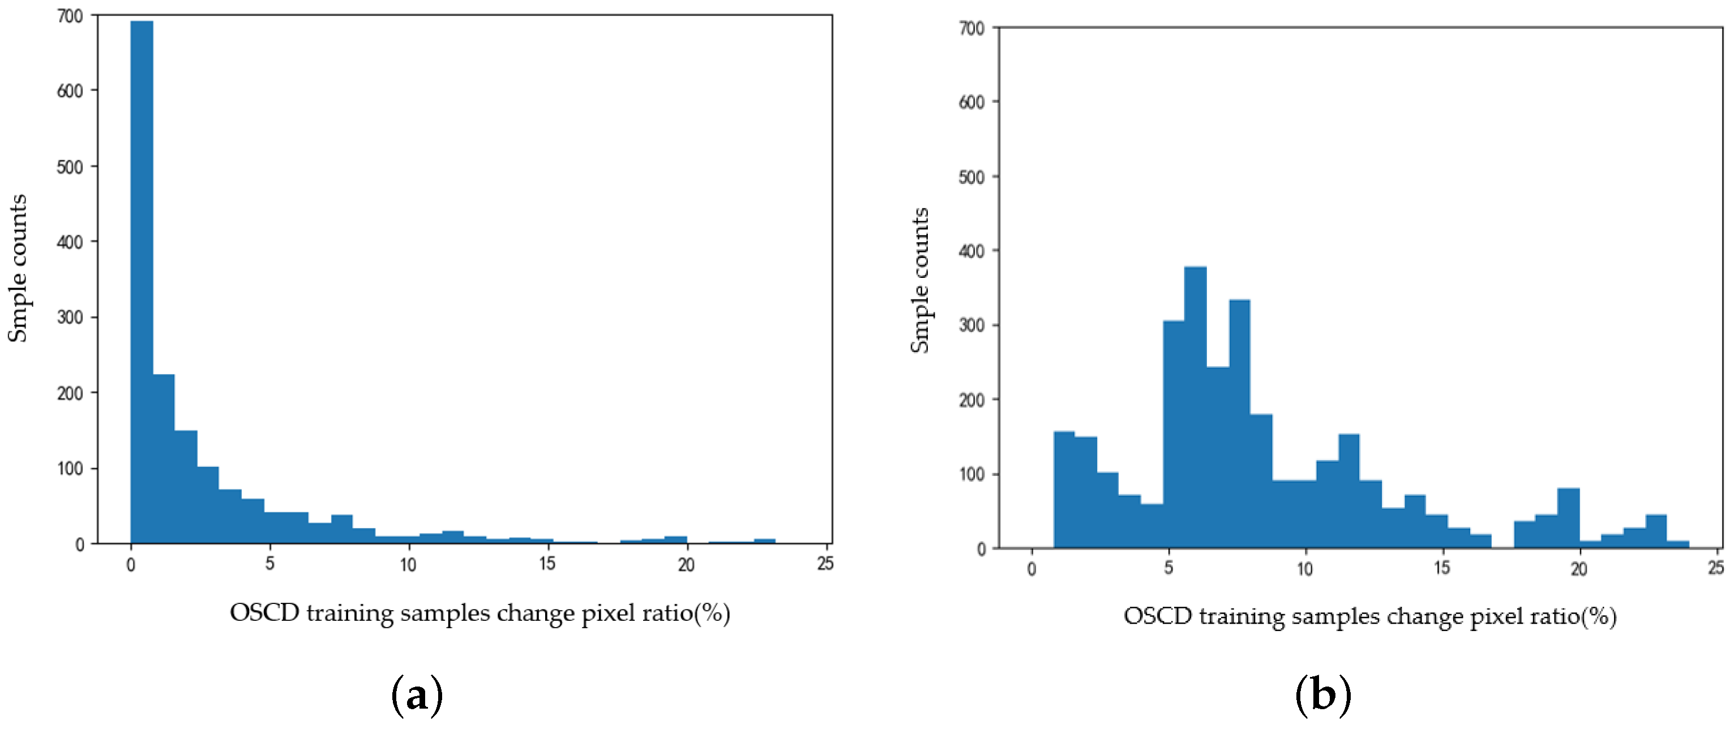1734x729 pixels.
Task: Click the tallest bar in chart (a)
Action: point(142,283)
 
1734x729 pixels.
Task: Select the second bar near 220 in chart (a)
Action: point(164,458)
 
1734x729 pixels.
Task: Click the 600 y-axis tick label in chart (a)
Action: point(70,91)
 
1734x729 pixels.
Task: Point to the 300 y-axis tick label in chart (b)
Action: point(971,325)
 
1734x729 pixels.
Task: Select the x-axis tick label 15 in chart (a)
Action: point(547,564)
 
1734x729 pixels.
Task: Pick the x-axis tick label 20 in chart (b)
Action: point(1578,569)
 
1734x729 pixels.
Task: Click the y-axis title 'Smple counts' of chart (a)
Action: point(18,268)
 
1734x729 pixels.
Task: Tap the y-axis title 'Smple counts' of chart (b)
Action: point(919,280)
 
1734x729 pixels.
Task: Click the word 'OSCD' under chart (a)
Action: point(264,613)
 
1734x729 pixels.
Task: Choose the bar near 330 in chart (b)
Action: point(1239,424)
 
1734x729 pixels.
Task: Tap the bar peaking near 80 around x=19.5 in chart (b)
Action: point(1568,518)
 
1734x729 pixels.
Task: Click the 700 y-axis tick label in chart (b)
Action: point(971,28)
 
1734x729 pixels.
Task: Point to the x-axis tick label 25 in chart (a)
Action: point(825,564)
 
